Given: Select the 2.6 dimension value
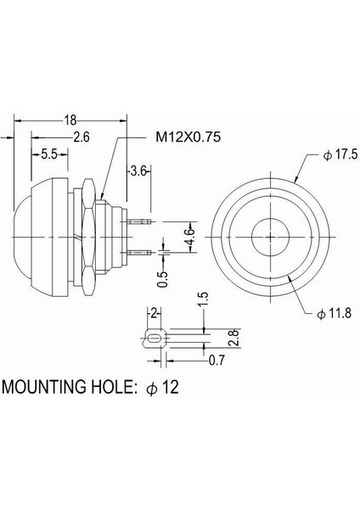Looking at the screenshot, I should (82, 137).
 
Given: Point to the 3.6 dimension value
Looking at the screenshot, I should (139, 171).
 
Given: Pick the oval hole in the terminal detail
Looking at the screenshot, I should (154, 339).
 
